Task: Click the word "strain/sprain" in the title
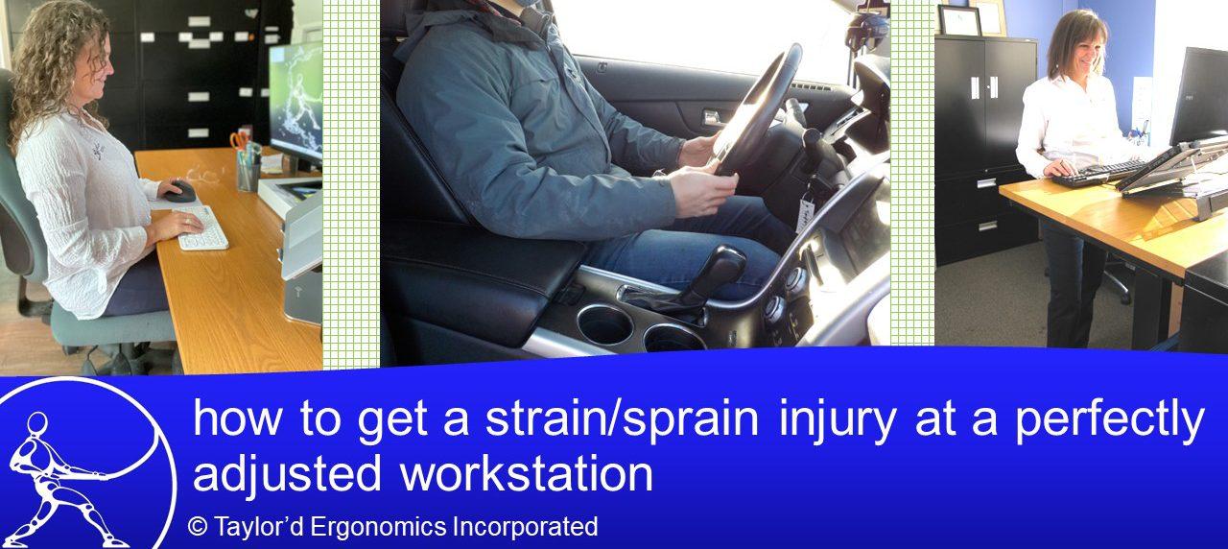(x=622, y=420)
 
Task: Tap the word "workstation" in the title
(x=527, y=473)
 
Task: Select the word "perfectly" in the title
(x=1111, y=420)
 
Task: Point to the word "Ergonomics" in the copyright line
(x=379, y=527)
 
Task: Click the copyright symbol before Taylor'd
(x=197, y=528)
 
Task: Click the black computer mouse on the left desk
(x=181, y=191)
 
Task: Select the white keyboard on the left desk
(x=201, y=228)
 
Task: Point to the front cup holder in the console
(x=604, y=324)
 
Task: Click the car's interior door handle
(x=712, y=117)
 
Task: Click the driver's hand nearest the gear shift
(x=703, y=190)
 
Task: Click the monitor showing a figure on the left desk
(x=295, y=105)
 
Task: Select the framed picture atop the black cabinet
(x=959, y=20)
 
